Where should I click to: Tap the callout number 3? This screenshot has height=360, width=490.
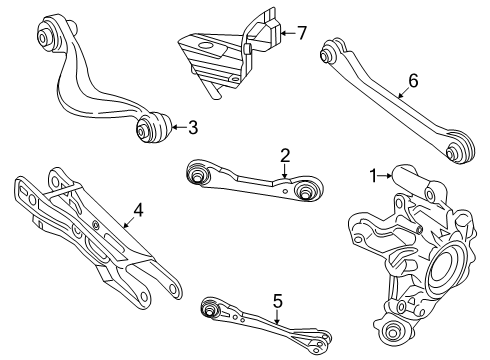click(193, 126)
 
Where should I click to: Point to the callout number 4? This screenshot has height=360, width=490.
click(137, 210)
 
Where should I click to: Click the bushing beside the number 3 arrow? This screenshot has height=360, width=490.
click(152, 127)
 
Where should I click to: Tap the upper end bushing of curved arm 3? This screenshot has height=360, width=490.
click(47, 37)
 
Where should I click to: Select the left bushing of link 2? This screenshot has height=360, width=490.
click(198, 176)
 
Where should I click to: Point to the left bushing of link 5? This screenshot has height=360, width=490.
click(209, 304)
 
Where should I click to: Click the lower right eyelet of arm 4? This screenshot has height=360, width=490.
click(172, 290)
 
